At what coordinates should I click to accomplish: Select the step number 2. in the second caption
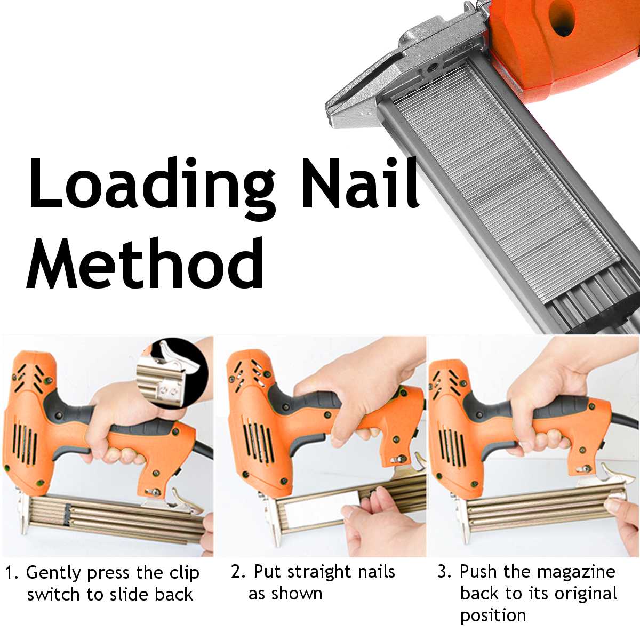click(x=238, y=572)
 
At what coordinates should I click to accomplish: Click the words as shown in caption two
click(x=285, y=593)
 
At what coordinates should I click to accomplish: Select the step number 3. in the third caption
click(x=445, y=572)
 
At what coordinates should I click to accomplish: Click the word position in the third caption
click(x=493, y=615)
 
